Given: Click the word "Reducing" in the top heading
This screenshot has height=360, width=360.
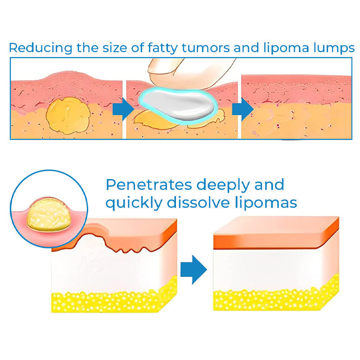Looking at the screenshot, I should point(35,48).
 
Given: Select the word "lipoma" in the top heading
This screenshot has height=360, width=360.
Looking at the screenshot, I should point(286,48).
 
